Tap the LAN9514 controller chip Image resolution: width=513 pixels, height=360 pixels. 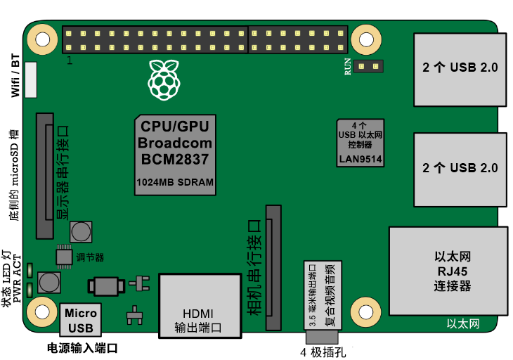(x=361, y=143)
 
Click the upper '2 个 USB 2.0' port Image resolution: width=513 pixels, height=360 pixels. (x=460, y=68)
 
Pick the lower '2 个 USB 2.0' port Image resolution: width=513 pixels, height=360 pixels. (x=460, y=168)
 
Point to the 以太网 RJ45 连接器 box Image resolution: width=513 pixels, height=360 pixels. (x=448, y=271)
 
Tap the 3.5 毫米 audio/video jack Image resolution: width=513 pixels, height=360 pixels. (x=320, y=296)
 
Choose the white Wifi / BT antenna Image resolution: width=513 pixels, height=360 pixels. (x=30, y=79)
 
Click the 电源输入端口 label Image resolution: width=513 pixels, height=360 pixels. (x=82, y=349)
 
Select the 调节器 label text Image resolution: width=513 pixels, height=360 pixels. (x=90, y=257)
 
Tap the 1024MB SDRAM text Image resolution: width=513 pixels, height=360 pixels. (x=175, y=182)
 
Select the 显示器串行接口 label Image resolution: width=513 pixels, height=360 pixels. (x=63, y=172)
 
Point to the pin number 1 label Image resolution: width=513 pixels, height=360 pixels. (x=69, y=61)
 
